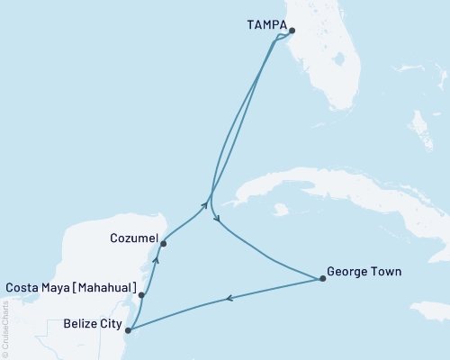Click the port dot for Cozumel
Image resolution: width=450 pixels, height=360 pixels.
(163, 242)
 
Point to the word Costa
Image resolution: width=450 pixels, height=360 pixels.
(23, 289)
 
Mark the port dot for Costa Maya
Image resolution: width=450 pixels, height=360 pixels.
(141, 294)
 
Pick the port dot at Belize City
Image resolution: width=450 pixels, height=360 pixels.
(127, 330)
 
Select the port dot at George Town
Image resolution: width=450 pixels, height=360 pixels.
(322, 279)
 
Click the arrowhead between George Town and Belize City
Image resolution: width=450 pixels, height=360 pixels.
(229, 299)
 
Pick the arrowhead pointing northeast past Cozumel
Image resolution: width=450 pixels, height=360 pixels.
(204, 205)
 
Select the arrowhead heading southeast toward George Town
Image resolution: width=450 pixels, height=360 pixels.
(216, 218)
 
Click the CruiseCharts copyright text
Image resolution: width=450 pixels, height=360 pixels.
(5, 328)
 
